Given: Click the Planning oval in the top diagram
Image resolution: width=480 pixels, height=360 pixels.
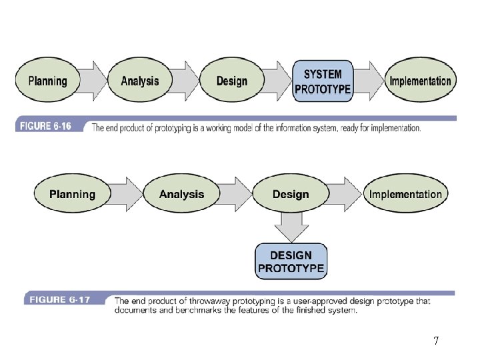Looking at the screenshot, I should pyautogui.click(x=47, y=81).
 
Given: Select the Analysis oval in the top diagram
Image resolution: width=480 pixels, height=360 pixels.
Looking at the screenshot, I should pyautogui.click(x=140, y=81).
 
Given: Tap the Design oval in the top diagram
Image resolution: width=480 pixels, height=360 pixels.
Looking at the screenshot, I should pyautogui.click(x=232, y=81).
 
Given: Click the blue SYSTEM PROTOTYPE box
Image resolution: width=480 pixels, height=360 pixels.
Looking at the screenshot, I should pyautogui.click(x=323, y=81).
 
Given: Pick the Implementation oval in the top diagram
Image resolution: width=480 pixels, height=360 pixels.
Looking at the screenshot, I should pyautogui.click(x=420, y=81).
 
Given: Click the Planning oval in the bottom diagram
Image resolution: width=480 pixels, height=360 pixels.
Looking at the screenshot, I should pyautogui.click(x=72, y=195).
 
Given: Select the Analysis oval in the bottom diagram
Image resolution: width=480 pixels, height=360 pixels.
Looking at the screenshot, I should pyautogui.click(x=181, y=195).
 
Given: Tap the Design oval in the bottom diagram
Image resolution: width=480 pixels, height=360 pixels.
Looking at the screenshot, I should pyautogui.click(x=291, y=195).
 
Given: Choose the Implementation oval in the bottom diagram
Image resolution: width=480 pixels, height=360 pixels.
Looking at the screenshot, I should pyautogui.click(x=405, y=195).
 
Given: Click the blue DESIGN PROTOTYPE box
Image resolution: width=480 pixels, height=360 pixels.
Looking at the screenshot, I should pyautogui.click(x=291, y=261).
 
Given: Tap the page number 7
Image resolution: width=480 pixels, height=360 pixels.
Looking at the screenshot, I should pyautogui.click(x=435, y=341).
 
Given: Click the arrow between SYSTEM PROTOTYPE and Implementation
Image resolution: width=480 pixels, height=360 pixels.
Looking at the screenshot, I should pyautogui.click(x=369, y=81).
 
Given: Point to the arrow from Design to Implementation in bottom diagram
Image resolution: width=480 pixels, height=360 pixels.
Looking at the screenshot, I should pyautogui.click(x=347, y=195).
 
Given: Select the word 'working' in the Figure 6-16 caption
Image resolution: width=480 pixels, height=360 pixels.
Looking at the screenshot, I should pyautogui.click(x=236, y=127).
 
